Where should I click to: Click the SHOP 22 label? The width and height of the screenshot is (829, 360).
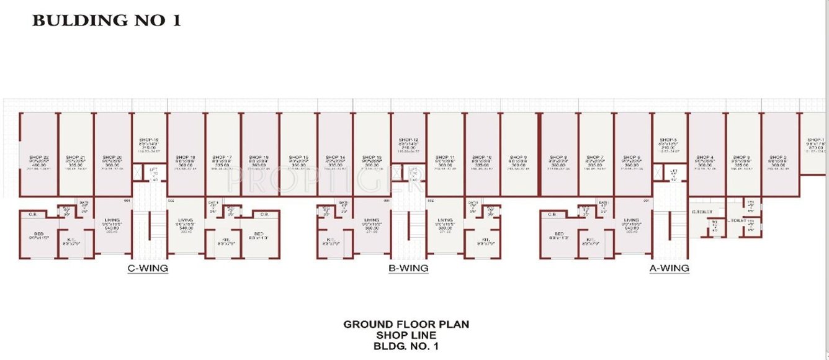pyautogui.click(x=38, y=158)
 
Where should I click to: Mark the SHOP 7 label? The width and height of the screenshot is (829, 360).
pyautogui.click(x=594, y=158)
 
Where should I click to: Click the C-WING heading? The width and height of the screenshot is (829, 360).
pyautogui.click(x=148, y=269)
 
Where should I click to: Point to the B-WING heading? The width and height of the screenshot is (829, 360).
pyautogui.click(x=408, y=269)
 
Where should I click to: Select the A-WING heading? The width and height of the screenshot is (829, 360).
pyautogui.click(x=669, y=269)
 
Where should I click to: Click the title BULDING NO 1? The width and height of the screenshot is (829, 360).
pyautogui.click(x=106, y=20)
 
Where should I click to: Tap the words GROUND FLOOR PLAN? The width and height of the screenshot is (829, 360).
pyautogui.click(x=406, y=324)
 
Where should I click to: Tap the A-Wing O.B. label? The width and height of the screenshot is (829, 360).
pyautogui.click(x=552, y=214)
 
